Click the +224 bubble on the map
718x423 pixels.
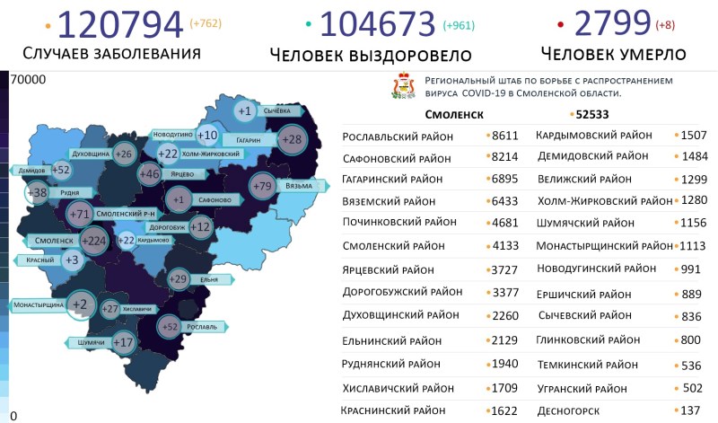click(x=93, y=241)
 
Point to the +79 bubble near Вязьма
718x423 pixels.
click(x=263, y=187)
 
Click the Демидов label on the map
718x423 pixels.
click(x=32, y=170)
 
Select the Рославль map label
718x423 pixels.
click(x=204, y=327)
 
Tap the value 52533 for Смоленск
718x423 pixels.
click(x=592, y=115)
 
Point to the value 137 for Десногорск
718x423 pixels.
click(x=689, y=410)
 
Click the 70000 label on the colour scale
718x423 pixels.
click(x=27, y=80)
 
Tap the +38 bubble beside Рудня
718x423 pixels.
click(x=38, y=192)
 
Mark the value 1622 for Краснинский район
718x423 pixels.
click(x=505, y=410)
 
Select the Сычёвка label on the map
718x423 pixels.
click(x=276, y=111)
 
